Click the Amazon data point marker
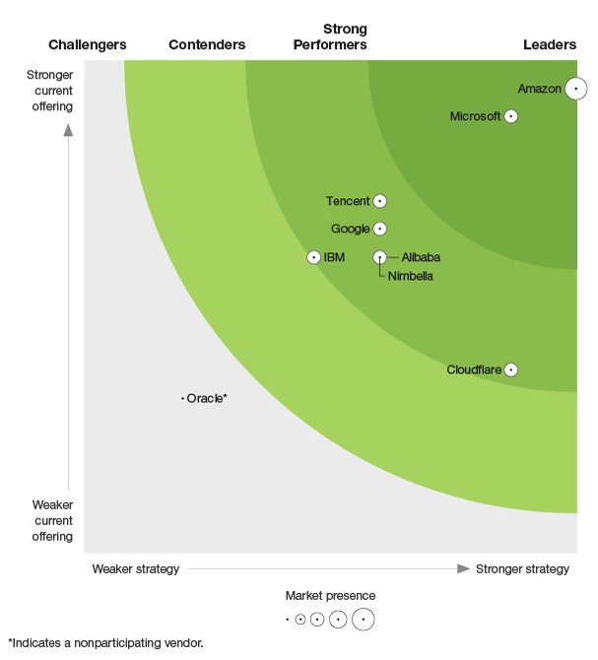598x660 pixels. point(575,89)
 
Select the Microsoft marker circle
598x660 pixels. point(510,116)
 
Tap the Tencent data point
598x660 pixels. point(379,201)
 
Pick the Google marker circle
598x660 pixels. point(379,229)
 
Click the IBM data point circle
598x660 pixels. point(314,257)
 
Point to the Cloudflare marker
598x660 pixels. point(510,370)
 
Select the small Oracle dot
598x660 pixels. point(183,399)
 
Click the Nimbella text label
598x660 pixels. point(410,276)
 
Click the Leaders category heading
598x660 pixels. point(550,44)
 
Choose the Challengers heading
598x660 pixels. point(88,44)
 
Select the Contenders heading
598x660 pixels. point(207,44)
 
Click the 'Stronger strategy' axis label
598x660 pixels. point(522,569)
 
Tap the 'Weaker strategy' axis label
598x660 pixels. point(136,569)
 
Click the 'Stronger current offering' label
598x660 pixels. point(49,91)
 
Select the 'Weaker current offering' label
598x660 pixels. point(49,520)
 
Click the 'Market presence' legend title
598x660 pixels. point(330,596)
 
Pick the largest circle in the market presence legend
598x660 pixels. point(364,620)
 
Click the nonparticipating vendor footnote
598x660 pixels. point(105,643)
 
